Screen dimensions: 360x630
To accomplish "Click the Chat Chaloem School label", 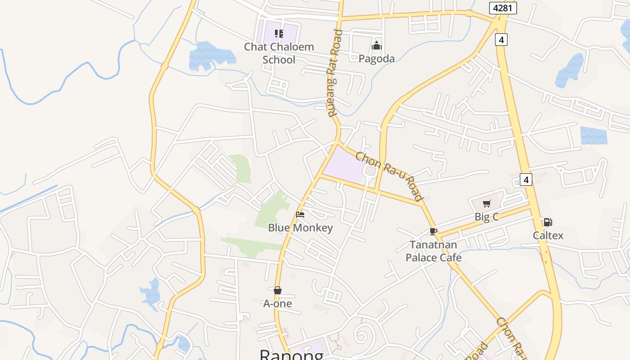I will pyautogui.click(x=279, y=53).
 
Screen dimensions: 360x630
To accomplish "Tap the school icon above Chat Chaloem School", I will pyautogui.click(x=279, y=34).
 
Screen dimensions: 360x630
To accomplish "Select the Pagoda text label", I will pyautogui.click(x=377, y=58).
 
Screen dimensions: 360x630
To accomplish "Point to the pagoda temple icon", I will pyautogui.click(x=377, y=45).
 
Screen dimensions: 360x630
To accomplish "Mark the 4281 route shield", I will pyautogui.click(x=503, y=8).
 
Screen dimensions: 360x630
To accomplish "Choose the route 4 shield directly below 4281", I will pyautogui.click(x=501, y=40).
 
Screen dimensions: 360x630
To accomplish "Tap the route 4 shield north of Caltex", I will pyautogui.click(x=526, y=180).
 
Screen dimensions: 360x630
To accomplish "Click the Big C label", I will pyautogui.click(x=486, y=217).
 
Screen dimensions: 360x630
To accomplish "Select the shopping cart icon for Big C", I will pyautogui.click(x=486, y=204).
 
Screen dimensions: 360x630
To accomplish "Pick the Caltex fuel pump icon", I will pyautogui.click(x=548, y=222).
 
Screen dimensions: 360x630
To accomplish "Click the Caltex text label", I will pyautogui.click(x=548, y=235).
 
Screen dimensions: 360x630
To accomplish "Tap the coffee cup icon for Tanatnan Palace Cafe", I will pyautogui.click(x=433, y=231).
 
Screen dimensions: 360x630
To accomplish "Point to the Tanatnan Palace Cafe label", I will pyautogui.click(x=433, y=251).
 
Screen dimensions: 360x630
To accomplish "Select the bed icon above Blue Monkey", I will pyautogui.click(x=300, y=215).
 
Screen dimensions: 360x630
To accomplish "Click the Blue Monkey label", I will pyautogui.click(x=300, y=228).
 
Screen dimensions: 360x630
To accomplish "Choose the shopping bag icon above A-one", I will pyautogui.click(x=278, y=290).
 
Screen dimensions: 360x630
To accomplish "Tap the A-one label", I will pyautogui.click(x=278, y=304).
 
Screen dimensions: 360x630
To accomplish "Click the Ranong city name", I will pyautogui.click(x=292, y=355).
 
